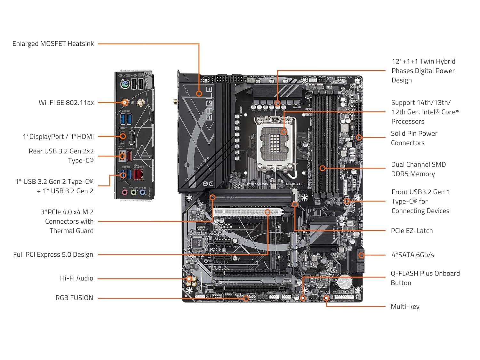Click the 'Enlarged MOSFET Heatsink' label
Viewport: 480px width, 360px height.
[x=53, y=44]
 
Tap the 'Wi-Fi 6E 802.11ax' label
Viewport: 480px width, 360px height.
[x=66, y=103]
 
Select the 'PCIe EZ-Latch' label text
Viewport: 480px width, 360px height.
[x=412, y=231]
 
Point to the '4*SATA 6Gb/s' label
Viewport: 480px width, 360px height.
[x=412, y=255]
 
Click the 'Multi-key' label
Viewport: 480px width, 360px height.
[x=405, y=307]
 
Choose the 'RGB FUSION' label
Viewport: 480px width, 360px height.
[x=74, y=298]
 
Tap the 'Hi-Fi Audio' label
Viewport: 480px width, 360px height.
[x=76, y=278]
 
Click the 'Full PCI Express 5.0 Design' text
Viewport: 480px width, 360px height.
[x=53, y=255]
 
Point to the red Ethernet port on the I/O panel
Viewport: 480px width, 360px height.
[x=138, y=174]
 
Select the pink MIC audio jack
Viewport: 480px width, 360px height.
[x=124, y=192]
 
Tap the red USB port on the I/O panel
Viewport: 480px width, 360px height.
[x=130, y=156]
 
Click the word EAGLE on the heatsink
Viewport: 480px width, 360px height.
[x=209, y=103]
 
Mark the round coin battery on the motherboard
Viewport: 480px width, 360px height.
[x=345, y=282]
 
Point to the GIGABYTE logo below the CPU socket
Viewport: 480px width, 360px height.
[x=294, y=184]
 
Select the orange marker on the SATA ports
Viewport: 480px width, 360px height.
[x=361, y=255]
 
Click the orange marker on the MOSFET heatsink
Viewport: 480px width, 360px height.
[x=199, y=93]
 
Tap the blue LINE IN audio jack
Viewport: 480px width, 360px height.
[x=142, y=192]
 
